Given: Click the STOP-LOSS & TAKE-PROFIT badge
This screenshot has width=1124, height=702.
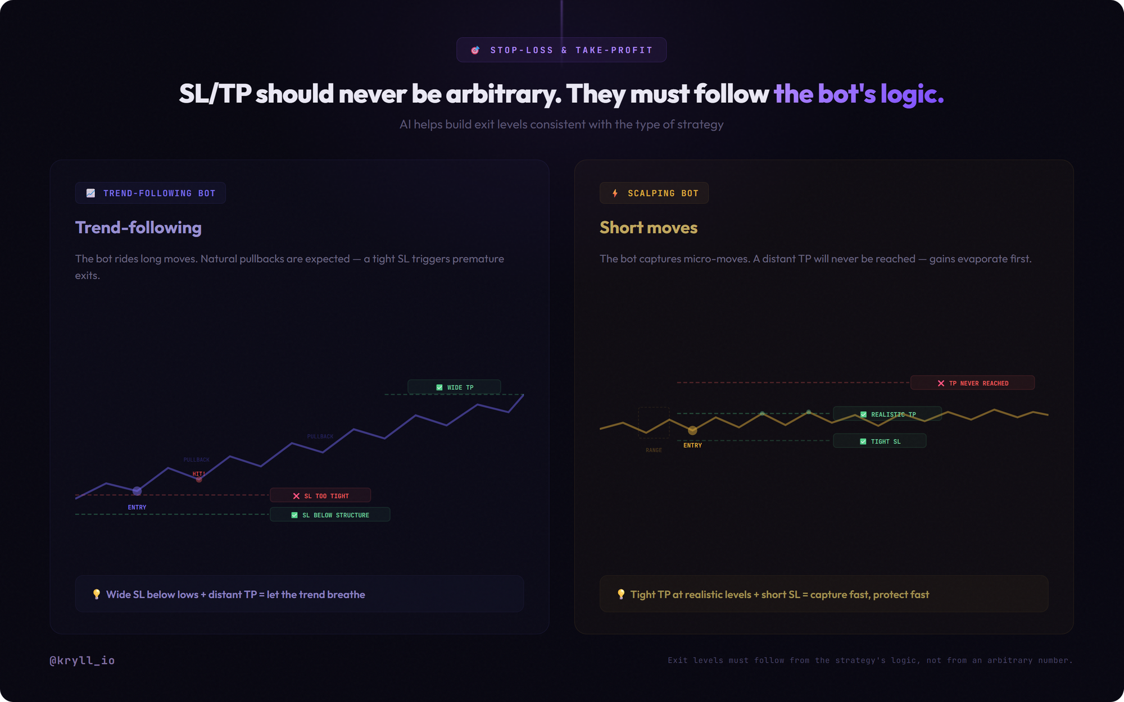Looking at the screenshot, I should point(561,50).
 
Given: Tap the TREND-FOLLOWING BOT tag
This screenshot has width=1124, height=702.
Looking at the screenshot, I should point(151,193).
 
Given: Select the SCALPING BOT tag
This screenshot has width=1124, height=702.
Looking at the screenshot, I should point(654,193).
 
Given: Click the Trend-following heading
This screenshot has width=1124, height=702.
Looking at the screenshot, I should point(138,227).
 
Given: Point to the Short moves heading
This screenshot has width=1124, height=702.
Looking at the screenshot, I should point(649,227).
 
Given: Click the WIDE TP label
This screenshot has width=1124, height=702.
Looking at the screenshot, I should point(454,387).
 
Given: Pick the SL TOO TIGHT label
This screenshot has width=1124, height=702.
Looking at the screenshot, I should point(320,495).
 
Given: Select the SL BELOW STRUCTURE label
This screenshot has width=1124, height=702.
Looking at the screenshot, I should point(330,514).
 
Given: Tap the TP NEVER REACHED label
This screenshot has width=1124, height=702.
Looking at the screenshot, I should point(972,383).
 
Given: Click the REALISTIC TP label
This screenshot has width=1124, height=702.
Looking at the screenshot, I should point(887,414).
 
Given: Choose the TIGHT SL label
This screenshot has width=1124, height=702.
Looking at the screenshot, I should point(880,441).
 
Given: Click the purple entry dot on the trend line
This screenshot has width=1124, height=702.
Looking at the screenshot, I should point(137,491).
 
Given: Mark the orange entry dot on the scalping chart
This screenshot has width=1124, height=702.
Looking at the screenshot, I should point(692,430).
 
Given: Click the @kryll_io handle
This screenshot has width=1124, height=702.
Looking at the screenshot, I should point(82,660).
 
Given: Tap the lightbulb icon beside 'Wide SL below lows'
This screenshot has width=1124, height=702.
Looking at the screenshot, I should point(97,594).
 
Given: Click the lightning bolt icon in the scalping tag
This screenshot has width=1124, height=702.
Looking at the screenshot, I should point(615,193).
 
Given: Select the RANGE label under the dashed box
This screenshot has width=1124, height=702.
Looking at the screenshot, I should point(654,450).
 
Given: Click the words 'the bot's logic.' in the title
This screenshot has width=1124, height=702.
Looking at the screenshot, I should point(858,94).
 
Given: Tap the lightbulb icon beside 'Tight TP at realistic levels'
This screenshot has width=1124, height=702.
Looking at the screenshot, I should point(621,594).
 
